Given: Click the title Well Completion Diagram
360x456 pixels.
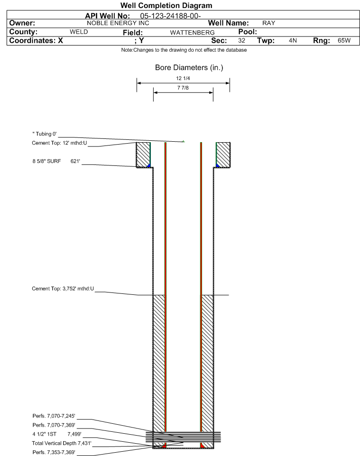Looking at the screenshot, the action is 166,6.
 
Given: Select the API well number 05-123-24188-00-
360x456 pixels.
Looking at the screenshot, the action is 170,16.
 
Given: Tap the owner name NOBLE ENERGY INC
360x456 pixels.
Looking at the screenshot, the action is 118,23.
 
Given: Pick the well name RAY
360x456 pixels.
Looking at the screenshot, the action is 268,23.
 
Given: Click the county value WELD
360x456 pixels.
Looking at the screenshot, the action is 79,32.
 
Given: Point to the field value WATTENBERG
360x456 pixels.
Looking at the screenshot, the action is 193,33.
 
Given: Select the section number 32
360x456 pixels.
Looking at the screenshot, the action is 241,41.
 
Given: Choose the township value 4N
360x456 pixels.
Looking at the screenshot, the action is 293,41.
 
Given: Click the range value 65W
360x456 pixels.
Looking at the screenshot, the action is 344,41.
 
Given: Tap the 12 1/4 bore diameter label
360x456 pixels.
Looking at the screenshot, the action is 183,78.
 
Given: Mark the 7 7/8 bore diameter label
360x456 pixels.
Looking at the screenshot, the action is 183,88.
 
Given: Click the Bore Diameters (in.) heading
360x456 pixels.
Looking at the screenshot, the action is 189,68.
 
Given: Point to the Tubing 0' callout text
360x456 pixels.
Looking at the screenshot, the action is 45,134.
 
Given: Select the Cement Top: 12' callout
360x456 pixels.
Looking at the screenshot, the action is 59,143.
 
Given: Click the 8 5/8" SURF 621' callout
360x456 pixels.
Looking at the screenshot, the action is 56,161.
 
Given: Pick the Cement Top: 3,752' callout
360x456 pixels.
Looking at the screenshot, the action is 63,289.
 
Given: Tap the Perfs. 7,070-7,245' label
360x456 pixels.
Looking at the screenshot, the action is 54,416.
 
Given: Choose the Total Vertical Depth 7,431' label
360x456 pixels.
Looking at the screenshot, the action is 62,443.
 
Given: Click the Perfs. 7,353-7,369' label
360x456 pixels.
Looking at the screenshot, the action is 54,452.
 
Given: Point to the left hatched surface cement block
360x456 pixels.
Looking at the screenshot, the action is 143,155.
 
